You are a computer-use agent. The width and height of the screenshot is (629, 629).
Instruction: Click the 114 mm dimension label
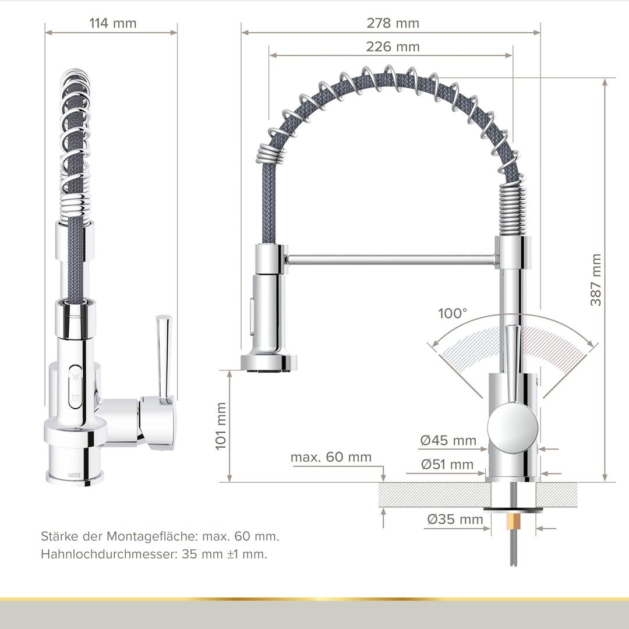coord(113,23)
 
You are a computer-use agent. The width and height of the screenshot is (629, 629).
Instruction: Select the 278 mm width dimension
coord(393,23)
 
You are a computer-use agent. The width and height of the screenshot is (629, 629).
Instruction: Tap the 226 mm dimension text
coord(393,47)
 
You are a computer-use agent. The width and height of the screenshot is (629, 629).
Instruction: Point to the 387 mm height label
coord(596,280)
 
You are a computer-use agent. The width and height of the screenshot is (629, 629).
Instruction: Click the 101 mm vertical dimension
coord(221,426)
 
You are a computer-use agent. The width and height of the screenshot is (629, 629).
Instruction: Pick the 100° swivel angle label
coord(453,313)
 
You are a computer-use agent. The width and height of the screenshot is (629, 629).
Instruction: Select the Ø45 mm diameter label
coord(448,440)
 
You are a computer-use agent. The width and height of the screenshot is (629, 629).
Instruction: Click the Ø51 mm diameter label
coord(447,465)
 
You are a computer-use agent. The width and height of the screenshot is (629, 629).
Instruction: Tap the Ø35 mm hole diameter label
coord(455,519)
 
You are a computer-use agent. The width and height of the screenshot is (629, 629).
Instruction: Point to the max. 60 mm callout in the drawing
coord(331,457)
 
